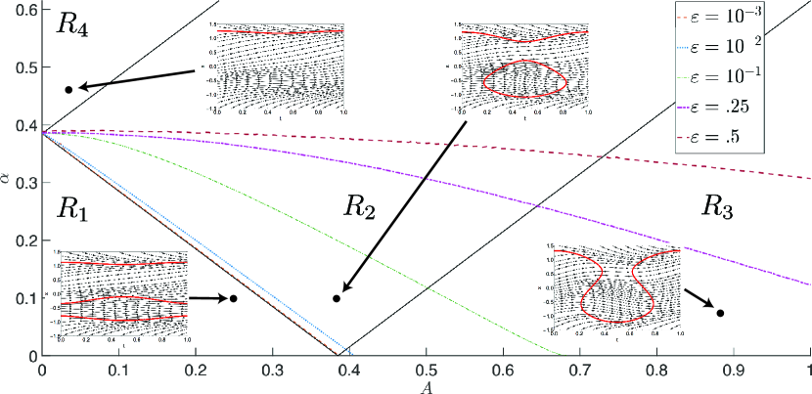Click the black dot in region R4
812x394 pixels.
[68, 90]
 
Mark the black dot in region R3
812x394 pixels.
[720, 313]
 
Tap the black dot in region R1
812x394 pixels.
[234, 298]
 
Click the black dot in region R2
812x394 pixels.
[337, 298]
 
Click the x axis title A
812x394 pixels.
[427, 386]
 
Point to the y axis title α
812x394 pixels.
[7, 179]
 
